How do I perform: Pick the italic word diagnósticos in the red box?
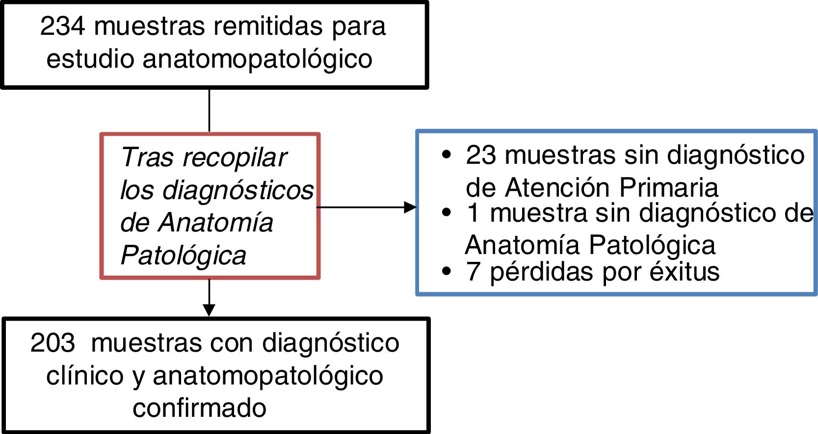click(238, 191)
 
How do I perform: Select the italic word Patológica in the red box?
click(183, 255)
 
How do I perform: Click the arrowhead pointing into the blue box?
click(410, 207)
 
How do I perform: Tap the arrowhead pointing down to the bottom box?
click(209, 310)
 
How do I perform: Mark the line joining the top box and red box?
click(210, 110)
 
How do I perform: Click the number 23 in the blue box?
click(481, 155)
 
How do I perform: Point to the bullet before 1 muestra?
click(446, 213)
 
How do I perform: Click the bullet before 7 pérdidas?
click(446, 272)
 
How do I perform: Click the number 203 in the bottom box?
click(53, 343)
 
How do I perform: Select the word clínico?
click(85, 376)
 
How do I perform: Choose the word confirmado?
click(199, 408)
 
